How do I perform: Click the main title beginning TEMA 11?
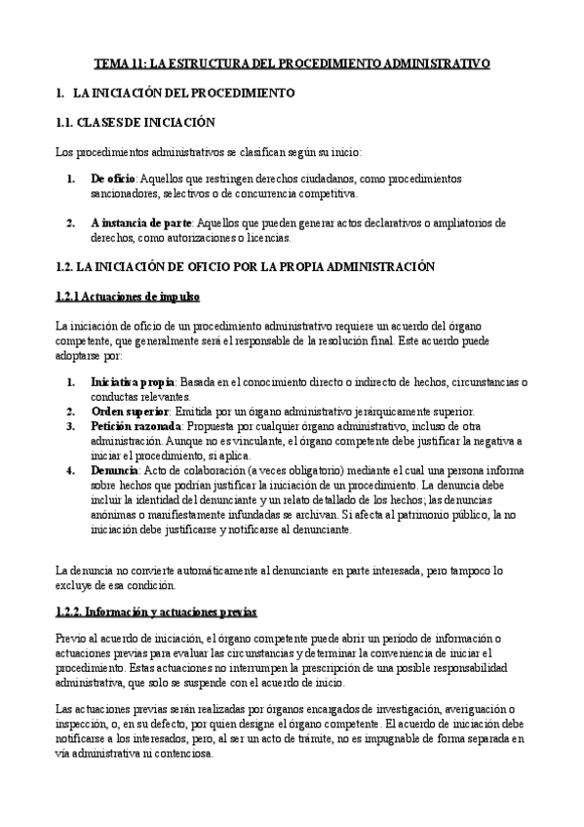pyautogui.click(x=292, y=63)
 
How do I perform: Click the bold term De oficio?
pyautogui.click(x=112, y=180)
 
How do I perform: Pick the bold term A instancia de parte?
pyautogui.click(x=141, y=222)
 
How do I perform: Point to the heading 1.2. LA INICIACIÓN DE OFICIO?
pyautogui.click(x=243, y=266)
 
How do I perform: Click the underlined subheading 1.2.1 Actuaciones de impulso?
pyautogui.click(x=128, y=295)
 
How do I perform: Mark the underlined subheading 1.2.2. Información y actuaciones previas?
pyautogui.click(x=155, y=611)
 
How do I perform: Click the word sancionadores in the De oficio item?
pyautogui.click(x=123, y=195)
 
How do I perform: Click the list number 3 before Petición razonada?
pyautogui.click(x=71, y=426)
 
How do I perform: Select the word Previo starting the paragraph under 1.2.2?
pyautogui.click(x=71, y=638)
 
